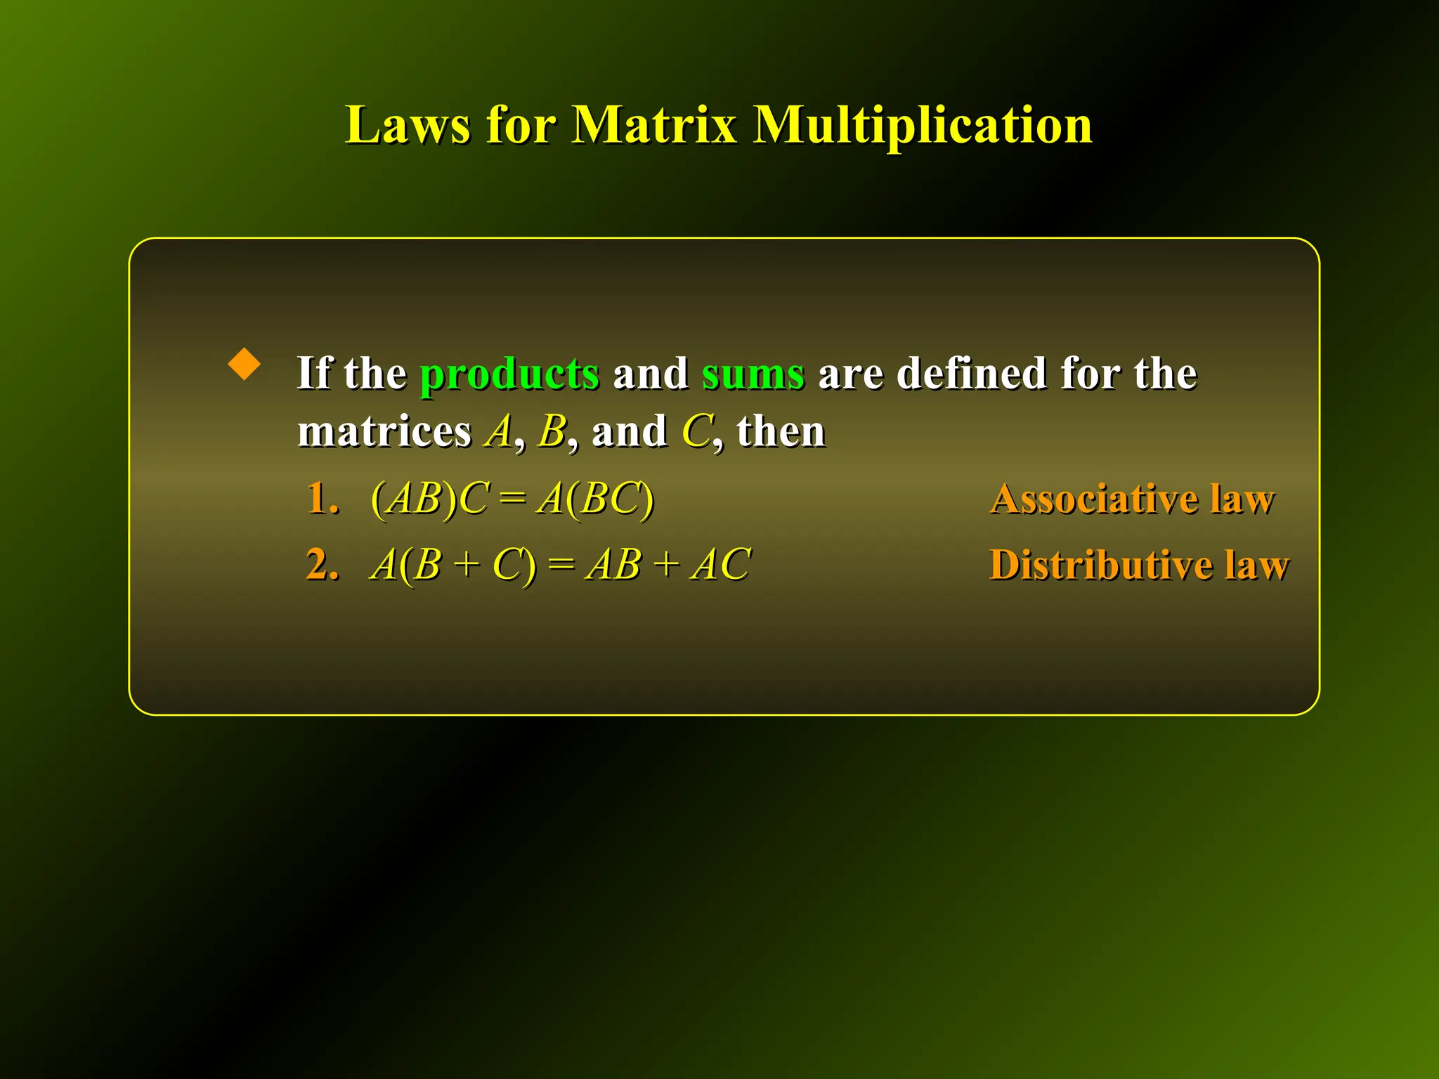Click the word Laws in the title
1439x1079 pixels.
(x=407, y=125)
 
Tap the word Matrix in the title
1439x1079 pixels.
(x=654, y=125)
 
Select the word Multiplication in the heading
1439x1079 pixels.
(x=923, y=125)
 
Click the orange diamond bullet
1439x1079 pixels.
(x=245, y=364)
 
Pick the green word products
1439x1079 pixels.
(x=509, y=373)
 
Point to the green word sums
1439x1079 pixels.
(x=753, y=373)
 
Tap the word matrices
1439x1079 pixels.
(x=384, y=431)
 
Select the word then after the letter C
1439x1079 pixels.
(x=781, y=431)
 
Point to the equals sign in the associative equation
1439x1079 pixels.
(x=512, y=499)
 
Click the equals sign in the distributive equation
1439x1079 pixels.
(x=560, y=565)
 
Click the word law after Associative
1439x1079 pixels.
(x=1242, y=499)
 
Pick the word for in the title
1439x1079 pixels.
(x=521, y=125)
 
